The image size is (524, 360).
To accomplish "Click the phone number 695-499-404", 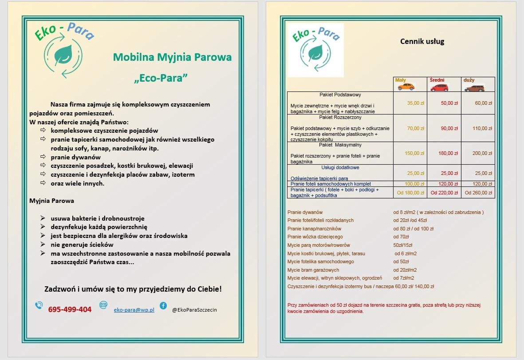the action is (x=70, y=309).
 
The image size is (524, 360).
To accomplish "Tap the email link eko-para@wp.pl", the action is (x=134, y=310).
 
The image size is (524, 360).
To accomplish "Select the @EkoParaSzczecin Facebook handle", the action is (x=194, y=310).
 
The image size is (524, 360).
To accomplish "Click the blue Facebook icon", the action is (x=163, y=305).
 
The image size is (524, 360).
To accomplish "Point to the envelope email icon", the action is (x=103, y=305).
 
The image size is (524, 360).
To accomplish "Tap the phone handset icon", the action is (x=39, y=305).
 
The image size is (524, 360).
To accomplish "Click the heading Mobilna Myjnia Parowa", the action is (x=172, y=57).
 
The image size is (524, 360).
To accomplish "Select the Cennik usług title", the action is (x=422, y=42).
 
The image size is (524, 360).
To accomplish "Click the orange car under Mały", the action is (x=406, y=87).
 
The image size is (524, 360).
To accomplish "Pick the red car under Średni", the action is (x=439, y=87).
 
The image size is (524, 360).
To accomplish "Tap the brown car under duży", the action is (x=474, y=87).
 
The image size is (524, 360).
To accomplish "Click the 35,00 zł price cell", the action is (x=416, y=103).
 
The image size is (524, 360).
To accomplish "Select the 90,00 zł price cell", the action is (x=449, y=128).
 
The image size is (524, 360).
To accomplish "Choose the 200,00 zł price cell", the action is (x=482, y=153).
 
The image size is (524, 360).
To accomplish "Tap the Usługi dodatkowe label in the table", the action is (x=340, y=167).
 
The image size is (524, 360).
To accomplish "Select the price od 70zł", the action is (x=401, y=237).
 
